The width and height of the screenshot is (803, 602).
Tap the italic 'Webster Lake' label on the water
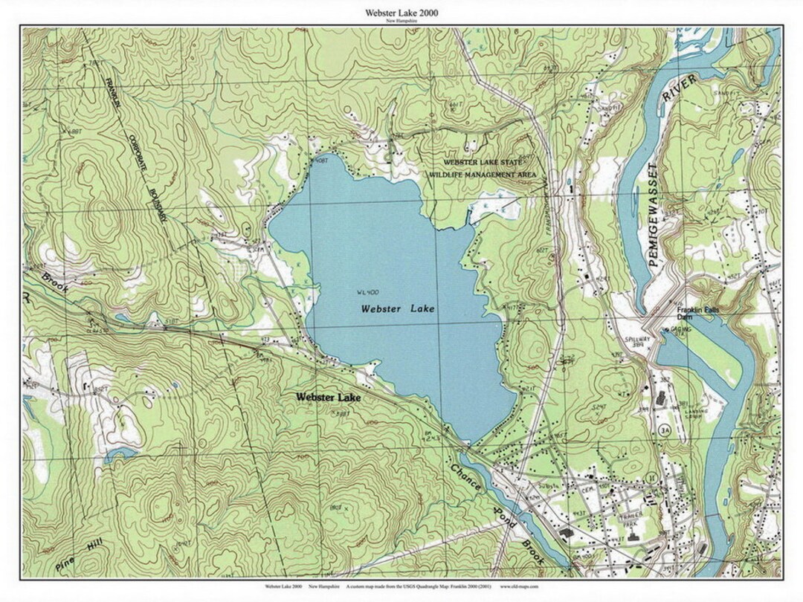398,308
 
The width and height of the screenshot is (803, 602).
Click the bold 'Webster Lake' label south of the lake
328,398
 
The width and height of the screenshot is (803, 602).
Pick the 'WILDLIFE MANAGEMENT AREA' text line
483,175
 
